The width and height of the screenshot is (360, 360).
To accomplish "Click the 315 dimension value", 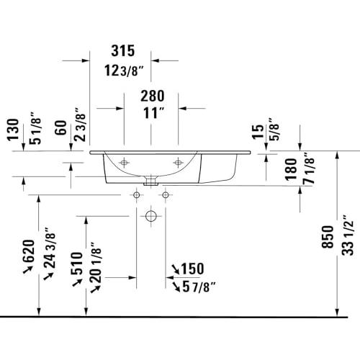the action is [123, 50].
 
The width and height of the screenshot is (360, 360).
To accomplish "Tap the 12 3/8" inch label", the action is [124, 71].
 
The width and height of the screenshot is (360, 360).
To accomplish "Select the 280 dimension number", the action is [153, 96].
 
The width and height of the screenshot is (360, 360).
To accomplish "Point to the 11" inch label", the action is [154, 113].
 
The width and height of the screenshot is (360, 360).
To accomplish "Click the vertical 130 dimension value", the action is [13, 130].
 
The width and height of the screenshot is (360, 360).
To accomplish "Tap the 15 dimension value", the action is [258, 132].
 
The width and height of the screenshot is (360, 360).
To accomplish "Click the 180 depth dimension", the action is [291, 169].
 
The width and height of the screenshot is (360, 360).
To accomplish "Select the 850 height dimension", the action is [328, 237].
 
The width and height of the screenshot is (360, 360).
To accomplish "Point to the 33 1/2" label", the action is [348, 235].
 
